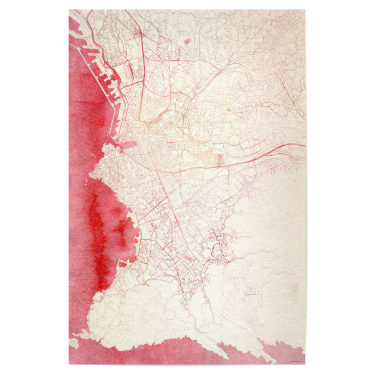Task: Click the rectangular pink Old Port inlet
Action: [x=129, y=145]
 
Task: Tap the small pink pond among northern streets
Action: [x=186, y=41]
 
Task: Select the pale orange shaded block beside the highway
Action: [x=218, y=160]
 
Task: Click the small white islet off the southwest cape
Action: [x=75, y=342]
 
